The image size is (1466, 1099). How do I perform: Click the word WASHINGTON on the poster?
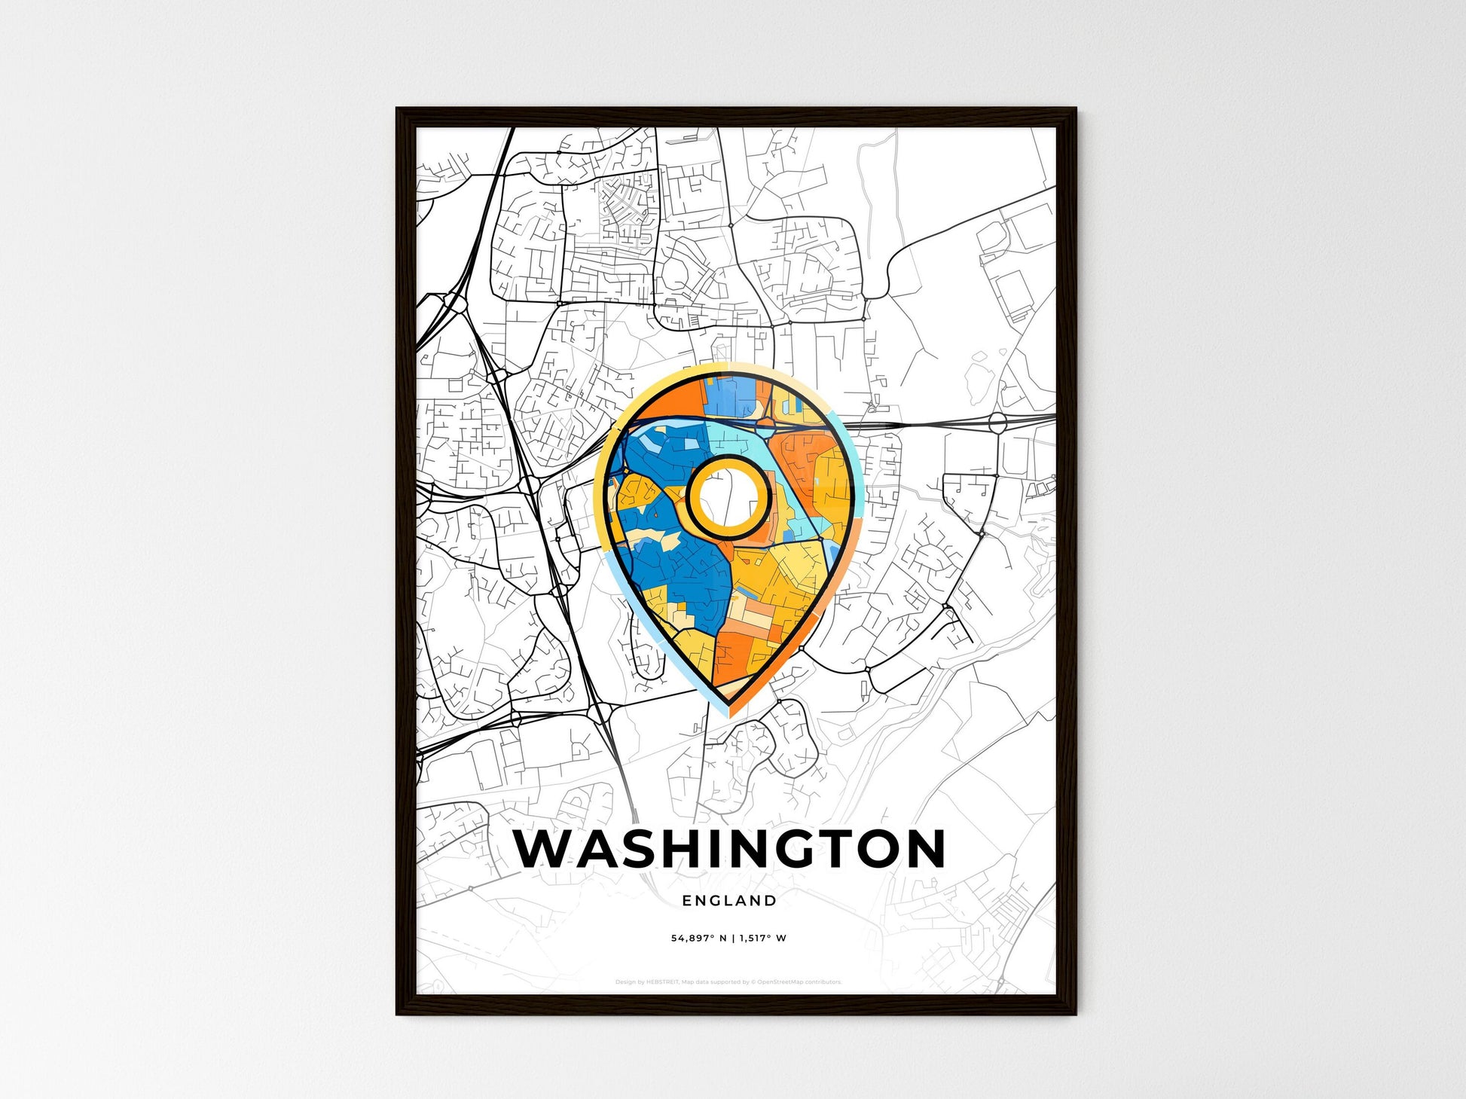(729, 849)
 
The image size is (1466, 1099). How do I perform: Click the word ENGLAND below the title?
(729, 900)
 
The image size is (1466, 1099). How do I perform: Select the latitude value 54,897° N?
(699, 939)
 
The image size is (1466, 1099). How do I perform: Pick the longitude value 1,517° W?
(762, 939)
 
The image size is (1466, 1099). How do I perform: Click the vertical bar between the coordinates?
(733, 939)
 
